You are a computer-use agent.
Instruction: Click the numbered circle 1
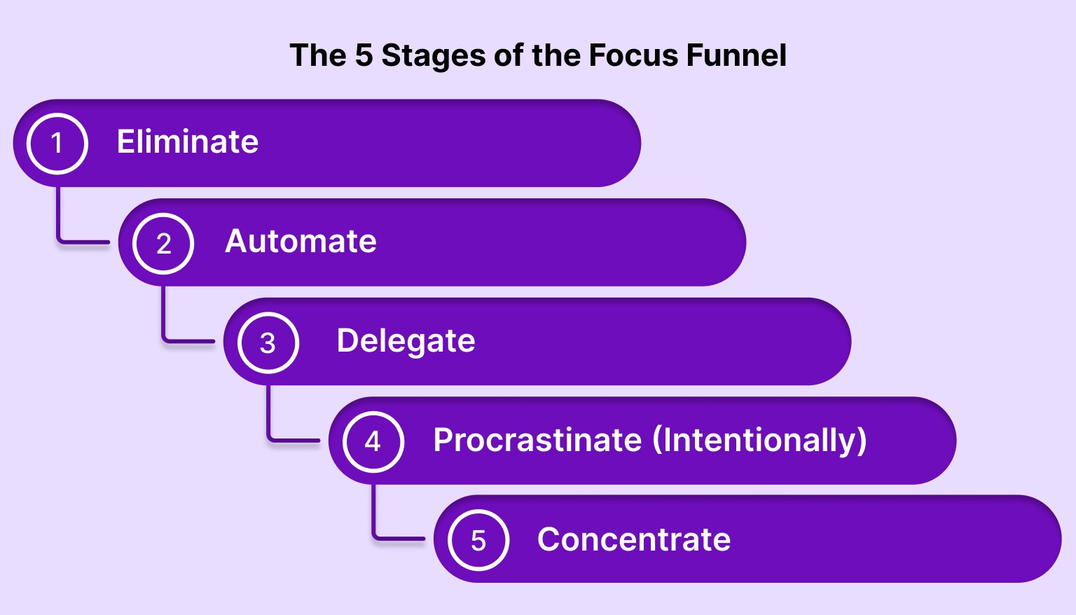coord(57,143)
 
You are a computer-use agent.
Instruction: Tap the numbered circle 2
coord(163,243)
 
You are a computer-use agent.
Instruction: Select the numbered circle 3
coord(268,343)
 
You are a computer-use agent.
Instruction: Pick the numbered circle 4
coord(373,441)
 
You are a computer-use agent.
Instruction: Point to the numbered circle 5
coord(478,541)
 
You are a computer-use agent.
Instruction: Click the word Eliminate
coord(188,141)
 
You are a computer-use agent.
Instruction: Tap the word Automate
coord(301,242)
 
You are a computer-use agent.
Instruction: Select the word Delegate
coord(406,341)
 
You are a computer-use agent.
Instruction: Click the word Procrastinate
coord(537,441)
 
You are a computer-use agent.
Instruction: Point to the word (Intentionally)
coord(760,441)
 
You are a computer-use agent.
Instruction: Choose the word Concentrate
coord(634,540)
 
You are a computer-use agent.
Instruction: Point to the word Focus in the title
coord(634,55)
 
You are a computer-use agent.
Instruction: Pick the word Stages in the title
coord(433,56)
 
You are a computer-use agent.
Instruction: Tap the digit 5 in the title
coord(364,55)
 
